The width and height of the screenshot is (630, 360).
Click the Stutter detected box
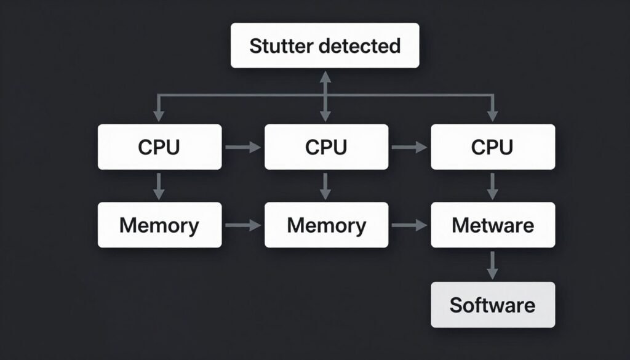point(325,46)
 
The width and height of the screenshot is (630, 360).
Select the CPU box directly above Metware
point(492,147)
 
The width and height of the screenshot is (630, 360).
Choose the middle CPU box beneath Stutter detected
point(326,147)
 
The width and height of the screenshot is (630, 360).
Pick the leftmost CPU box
point(159,147)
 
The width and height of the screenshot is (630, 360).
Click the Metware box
point(492,225)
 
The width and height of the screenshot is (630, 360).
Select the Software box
point(492,305)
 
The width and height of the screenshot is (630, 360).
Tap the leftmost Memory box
point(159,225)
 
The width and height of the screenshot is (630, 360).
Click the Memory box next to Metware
point(326,225)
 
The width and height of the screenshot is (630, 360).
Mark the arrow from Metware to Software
point(492,265)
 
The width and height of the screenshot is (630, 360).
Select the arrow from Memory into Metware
point(409,226)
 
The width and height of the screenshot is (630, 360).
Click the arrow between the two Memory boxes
point(243,226)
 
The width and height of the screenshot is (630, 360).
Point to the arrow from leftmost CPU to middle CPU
point(243,147)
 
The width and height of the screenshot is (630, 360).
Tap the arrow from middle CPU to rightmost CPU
point(409,147)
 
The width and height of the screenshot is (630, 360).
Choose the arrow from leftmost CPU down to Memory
point(159,186)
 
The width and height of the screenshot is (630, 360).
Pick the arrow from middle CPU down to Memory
point(326,186)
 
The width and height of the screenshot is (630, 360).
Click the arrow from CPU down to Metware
point(492,186)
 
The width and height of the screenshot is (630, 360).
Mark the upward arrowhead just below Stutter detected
point(325,76)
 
